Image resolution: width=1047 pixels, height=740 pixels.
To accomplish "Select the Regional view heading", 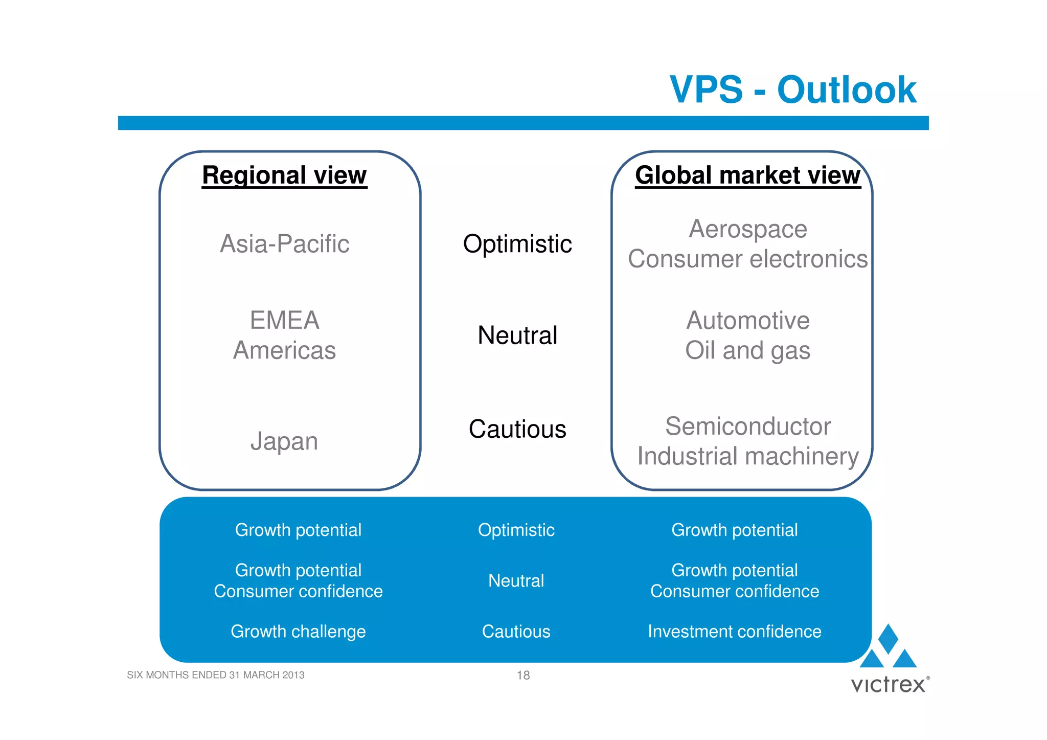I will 284,175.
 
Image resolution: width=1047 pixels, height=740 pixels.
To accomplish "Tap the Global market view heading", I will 747,175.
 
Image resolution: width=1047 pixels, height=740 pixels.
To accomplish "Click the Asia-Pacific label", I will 284,244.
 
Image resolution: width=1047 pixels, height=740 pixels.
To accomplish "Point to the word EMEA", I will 284,321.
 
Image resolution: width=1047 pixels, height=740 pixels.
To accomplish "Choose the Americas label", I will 284,351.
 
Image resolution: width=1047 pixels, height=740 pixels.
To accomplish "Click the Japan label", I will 284,441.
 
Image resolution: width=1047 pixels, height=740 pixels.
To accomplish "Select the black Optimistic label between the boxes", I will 517,244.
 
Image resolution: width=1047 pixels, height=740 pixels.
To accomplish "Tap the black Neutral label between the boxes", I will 517,335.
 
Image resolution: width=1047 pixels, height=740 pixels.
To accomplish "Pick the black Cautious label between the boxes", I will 517,429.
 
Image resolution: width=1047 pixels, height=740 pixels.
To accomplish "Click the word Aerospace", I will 747,229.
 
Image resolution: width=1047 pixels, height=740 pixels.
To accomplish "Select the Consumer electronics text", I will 747,259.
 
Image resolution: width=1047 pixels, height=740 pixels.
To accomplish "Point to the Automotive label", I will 747,321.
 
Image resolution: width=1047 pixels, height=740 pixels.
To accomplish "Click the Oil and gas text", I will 747,351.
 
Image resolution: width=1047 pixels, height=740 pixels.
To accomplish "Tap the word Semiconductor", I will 747,426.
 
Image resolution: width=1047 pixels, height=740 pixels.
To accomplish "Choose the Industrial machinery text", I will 747,456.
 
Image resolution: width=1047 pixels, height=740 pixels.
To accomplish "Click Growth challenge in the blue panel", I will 298,632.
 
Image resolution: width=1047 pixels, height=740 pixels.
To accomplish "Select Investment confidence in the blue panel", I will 734,632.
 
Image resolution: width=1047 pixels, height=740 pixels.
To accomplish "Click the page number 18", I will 523,676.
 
